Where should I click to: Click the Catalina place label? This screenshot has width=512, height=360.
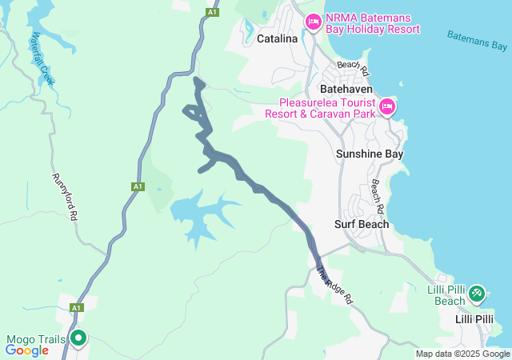(x=277, y=38)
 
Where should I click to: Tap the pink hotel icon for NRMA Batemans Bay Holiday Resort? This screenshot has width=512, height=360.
(x=313, y=20)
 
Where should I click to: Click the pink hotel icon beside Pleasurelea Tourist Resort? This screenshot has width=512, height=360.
(x=387, y=106)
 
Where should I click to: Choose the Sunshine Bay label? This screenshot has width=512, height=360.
(x=370, y=154)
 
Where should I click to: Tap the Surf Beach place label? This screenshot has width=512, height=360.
(x=362, y=224)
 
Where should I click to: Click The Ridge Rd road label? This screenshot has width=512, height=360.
(x=334, y=285)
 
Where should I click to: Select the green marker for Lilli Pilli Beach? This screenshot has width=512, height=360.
(x=477, y=294)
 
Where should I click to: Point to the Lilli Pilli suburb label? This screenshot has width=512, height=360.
(x=474, y=319)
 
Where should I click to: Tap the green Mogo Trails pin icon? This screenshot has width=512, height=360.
(x=78, y=338)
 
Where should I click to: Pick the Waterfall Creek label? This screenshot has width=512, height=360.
(x=41, y=60)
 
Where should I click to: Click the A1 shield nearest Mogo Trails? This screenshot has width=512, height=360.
(x=76, y=307)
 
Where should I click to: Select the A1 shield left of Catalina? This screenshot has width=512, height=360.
(x=211, y=12)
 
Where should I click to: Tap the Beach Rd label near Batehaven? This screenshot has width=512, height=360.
(x=353, y=69)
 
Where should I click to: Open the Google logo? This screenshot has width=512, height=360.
(x=26, y=350)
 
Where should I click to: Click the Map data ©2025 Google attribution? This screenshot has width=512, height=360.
(x=462, y=354)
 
